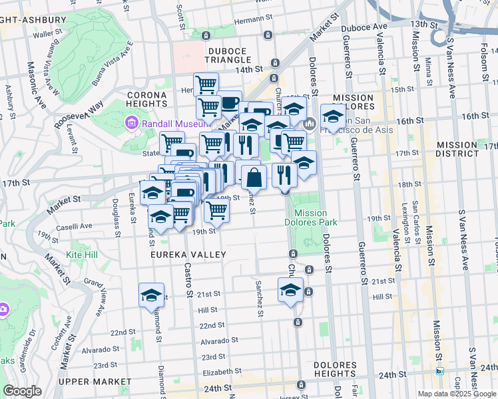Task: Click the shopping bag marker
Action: tap(254, 178)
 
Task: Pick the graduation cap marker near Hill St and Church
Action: tap(290, 290)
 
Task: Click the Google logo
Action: tap(23, 391)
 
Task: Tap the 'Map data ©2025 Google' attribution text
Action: tap(456, 394)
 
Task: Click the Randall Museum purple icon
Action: tap(131, 123)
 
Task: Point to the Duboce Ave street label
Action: tap(364, 27)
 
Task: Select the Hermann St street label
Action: tap(250, 20)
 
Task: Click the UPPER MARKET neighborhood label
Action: tap(91, 382)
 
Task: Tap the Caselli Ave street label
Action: tap(75, 226)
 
